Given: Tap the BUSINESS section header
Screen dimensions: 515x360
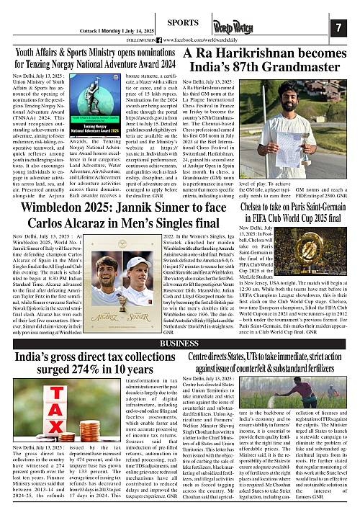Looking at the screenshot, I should pos(179,344).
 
